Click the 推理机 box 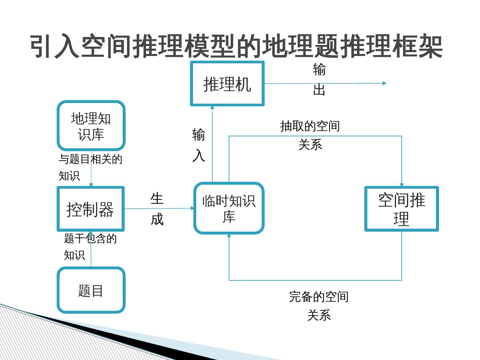tap(227, 84)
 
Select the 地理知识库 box tap(91, 126)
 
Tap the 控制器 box tap(91, 209)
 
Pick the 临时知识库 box tap(229, 208)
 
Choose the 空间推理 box tap(401, 209)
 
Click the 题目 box tap(91, 290)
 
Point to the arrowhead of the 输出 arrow tap(384, 83)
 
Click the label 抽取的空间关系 tap(310, 135)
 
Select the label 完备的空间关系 tap(319, 305)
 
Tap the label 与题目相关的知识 tap(90, 167)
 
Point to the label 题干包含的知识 tap(90, 247)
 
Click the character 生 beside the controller tap(157, 199)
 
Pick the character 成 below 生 tap(157, 219)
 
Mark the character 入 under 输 tap(199, 155)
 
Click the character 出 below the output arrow tap(319, 90)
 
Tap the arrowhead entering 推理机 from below tap(212, 107)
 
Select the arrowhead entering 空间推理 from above tap(402, 185)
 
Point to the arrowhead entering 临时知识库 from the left tap(192, 208)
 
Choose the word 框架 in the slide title tap(417, 46)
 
